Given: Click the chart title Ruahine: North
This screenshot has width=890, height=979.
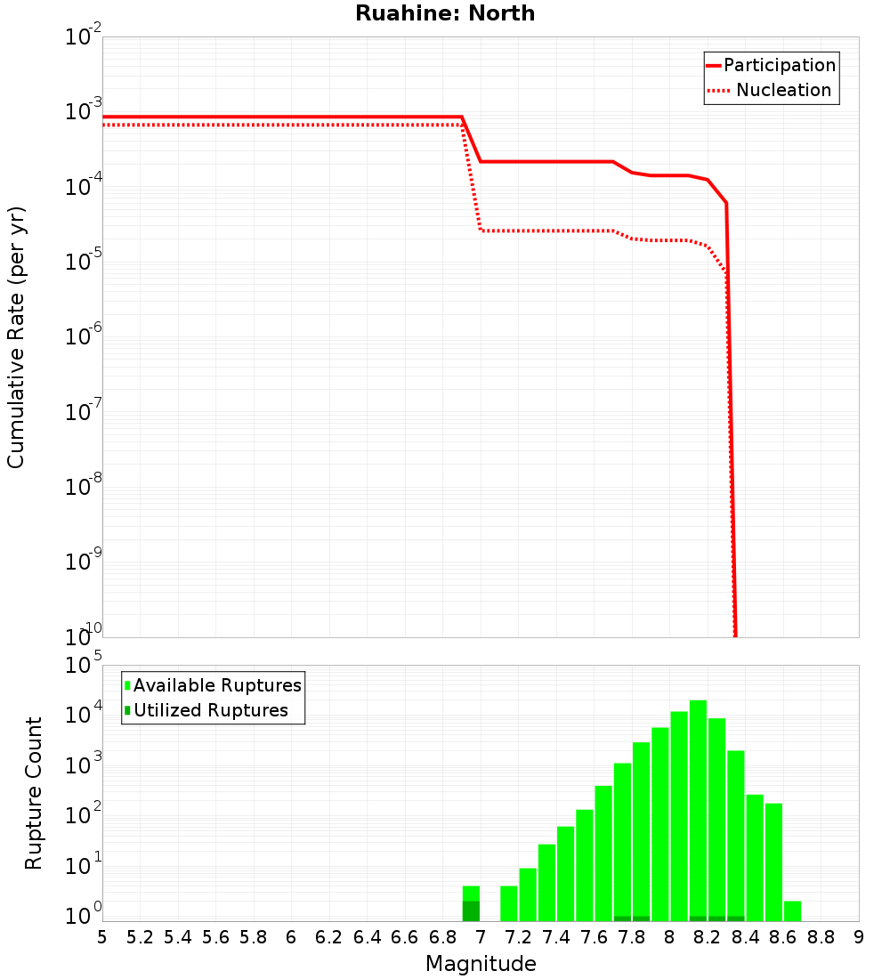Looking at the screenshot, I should pos(445,13).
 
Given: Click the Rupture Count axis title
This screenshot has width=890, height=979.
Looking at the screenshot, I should pos(34,793).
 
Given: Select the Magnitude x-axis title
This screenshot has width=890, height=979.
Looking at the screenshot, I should pos(481,963).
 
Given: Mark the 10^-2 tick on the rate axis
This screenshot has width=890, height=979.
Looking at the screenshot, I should pos(84,37).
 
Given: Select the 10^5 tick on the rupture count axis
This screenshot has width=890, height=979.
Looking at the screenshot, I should pos(84,665).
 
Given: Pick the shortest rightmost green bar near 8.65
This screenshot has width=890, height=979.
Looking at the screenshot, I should pos(792,910).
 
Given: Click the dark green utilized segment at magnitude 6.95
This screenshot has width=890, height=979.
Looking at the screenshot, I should pos(471,911).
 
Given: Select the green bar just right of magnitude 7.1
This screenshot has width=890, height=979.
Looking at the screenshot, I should pos(509,903).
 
